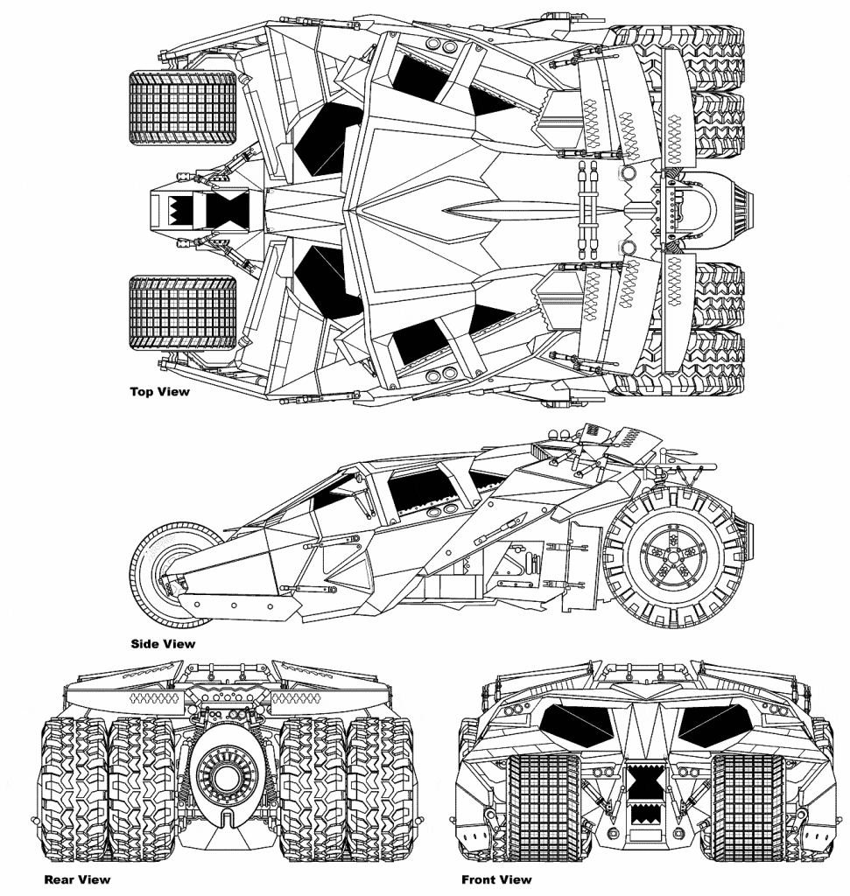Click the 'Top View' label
click(x=159, y=392)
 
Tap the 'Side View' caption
click(x=163, y=644)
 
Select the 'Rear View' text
click(x=77, y=879)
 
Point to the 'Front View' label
click(x=495, y=879)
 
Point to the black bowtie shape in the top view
click(x=219, y=210)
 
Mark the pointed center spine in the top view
click(x=490, y=210)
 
